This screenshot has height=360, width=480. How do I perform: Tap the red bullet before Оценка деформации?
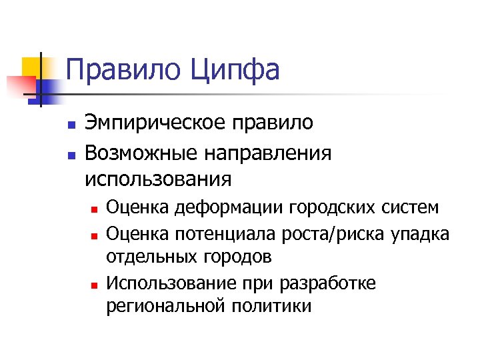[95, 209]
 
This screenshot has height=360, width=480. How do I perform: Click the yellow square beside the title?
[31, 66]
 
